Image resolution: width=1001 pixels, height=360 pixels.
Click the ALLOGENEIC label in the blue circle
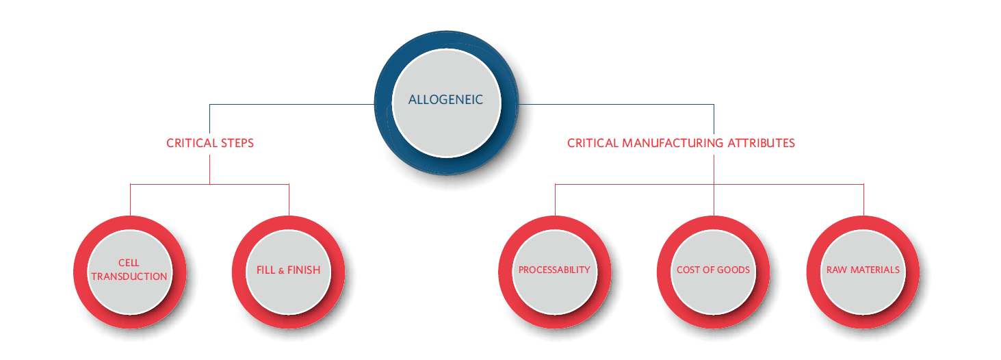(x=445, y=99)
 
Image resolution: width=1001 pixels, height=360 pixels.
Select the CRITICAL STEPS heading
(x=210, y=143)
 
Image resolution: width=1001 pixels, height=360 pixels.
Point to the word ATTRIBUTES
(x=761, y=143)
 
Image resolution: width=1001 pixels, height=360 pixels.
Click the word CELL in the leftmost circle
(x=129, y=263)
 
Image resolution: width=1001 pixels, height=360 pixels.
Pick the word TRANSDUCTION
(x=129, y=277)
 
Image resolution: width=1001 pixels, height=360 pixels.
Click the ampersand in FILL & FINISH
(x=281, y=270)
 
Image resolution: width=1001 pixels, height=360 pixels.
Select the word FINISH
(x=304, y=270)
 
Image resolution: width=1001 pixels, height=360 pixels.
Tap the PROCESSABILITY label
(x=554, y=270)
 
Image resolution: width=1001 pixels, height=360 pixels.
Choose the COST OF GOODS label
(x=713, y=270)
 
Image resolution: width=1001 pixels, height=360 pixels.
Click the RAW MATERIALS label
(x=863, y=270)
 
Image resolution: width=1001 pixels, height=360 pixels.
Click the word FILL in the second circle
(x=266, y=270)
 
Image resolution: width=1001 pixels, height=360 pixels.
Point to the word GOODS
(x=733, y=270)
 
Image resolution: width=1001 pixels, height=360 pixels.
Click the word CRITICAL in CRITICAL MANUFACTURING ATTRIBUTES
(x=593, y=143)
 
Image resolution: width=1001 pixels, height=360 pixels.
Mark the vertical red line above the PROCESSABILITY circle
(x=555, y=200)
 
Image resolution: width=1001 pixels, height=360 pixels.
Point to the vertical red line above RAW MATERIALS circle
(x=863, y=200)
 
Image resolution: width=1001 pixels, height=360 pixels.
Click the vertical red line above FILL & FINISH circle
(x=289, y=200)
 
